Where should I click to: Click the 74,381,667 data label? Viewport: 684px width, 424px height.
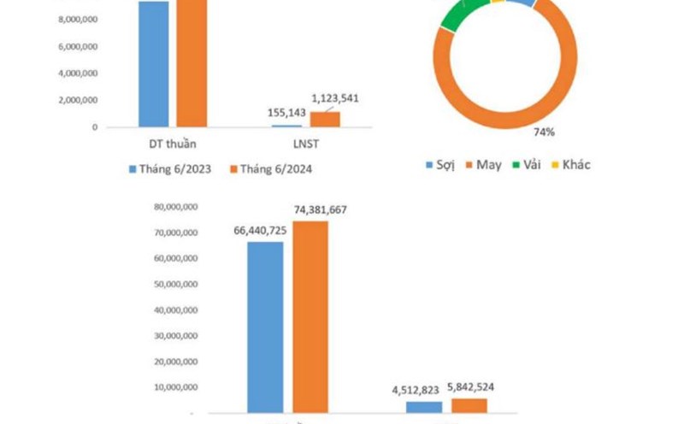(x=319, y=210)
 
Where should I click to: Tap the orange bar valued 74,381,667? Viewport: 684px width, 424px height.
(x=310, y=317)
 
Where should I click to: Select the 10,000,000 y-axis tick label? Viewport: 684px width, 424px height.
(x=177, y=388)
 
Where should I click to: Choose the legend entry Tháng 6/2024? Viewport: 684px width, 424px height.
(x=271, y=169)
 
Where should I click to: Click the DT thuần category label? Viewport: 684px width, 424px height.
(x=173, y=144)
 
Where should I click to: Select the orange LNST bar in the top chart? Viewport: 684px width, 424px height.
(x=324, y=120)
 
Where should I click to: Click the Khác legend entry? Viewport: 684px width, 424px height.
(x=571, y=164)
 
